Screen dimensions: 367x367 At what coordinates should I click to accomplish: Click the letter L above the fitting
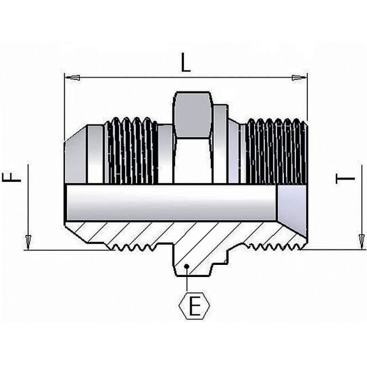[x=186, y=63]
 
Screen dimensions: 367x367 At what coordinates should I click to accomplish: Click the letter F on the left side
[x=11, y=177]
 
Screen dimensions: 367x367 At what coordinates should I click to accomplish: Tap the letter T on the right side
[x=345, y=179]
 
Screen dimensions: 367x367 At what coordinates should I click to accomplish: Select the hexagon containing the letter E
[x=194, y=306]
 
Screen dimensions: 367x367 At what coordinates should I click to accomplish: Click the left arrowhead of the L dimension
[x=72, y=77]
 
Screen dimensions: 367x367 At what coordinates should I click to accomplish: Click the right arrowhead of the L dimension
[x=299, y=78]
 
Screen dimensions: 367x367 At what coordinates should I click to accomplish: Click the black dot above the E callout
[x=186, y=266]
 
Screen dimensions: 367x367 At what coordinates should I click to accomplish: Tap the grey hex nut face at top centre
[x=193, y=115]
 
